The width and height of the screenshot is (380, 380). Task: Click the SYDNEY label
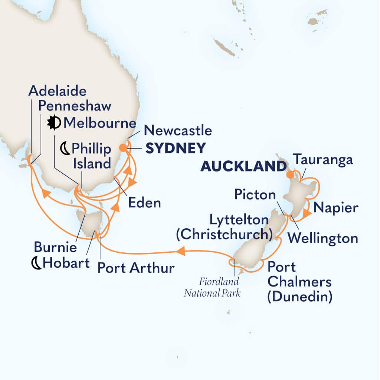click(175, 148)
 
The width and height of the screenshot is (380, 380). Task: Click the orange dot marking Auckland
click(290, 174)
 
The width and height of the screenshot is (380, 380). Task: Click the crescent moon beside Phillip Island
click(65, 149)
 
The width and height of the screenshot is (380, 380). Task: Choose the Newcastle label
click(178, 131)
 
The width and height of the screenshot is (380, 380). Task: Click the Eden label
click(144, 203)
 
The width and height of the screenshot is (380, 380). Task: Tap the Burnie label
click(55, 247)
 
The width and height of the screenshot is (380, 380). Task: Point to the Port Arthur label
click(135, 268)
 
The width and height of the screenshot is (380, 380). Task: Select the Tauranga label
click(322, 160)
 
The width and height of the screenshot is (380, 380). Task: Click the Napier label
click(335, 208)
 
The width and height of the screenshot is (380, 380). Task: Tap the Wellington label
click(323, 238)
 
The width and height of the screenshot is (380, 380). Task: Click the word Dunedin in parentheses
click(299, 297)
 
